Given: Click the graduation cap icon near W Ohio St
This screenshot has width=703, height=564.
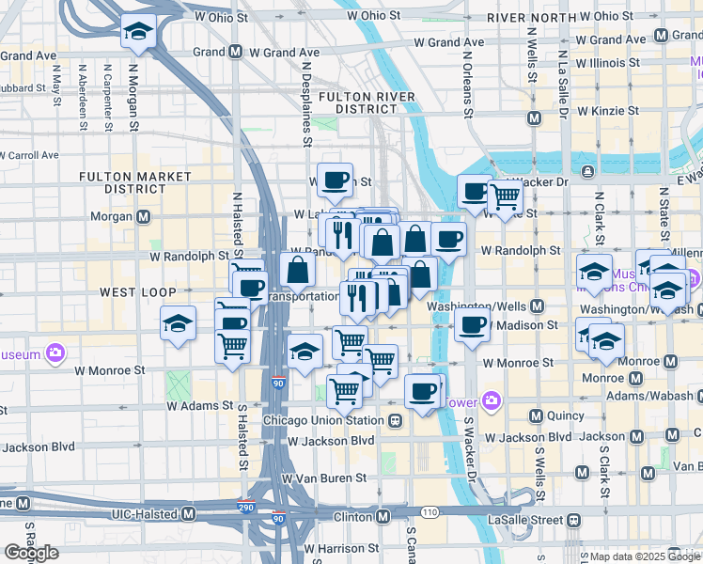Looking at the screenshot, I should click(x=138, y=34).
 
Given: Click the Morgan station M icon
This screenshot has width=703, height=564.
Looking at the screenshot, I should click(x=144, y=216).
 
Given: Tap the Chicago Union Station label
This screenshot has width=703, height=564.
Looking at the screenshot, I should click(x=323, y=420).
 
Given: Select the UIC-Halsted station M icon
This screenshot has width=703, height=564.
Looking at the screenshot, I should click(x=188, y=514).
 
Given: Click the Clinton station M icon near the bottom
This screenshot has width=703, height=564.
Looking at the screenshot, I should click(x=383, y=517).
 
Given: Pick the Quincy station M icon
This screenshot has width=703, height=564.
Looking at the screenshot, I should click(x=536, y=415).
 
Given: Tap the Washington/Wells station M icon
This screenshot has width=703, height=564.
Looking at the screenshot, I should click(x=538, y=306).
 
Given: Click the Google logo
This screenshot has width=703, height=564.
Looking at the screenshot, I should click(x=31, y=553).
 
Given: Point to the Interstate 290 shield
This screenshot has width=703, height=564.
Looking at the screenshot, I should click(x=244, y=505).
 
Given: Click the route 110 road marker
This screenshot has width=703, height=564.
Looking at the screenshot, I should click(x=430, y=512).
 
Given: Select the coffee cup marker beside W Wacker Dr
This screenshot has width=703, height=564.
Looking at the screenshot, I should click(x=475, y=192).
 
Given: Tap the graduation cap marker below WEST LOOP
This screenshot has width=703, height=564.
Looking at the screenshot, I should click(x=179, y=324).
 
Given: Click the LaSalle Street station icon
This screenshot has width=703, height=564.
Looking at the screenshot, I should click(x=572, y=520).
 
